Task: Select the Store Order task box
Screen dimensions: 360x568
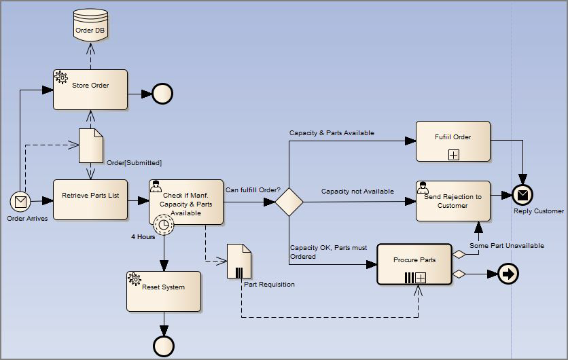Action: tap(90, 89)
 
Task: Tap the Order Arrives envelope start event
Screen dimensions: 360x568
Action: tap(21, 201)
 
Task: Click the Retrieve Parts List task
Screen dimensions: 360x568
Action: tap(90, 200)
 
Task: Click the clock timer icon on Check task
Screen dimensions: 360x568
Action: tap(163, 223)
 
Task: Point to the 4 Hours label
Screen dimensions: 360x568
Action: tap(143, 237)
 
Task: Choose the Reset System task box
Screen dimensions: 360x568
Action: tap(163, 291)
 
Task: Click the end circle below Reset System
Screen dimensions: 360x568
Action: tap(163, 346)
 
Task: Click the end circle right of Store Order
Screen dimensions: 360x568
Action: tap(162, 93)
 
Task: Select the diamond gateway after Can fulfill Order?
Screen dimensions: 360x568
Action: tap(289, 202)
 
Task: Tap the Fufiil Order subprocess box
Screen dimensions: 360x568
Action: tap(452, 141)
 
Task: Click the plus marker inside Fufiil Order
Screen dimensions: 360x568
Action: tap(453, 155)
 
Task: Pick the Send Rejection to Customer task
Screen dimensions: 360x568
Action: tap(452, 200)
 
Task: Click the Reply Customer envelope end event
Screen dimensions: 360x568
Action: tap(522, 196)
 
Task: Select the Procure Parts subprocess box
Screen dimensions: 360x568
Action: tap(414, 264)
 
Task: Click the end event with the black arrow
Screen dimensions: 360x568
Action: tap(508, 274)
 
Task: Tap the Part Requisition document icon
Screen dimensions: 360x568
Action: tap(239, 262)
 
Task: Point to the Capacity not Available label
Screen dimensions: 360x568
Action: tap(357, 192)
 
